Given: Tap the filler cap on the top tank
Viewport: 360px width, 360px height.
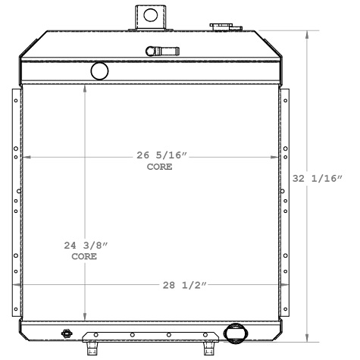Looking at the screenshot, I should (221, 27).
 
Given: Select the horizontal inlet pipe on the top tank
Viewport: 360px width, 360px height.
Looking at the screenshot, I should (161, 52).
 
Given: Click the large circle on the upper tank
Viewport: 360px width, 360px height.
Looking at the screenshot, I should (99, 71).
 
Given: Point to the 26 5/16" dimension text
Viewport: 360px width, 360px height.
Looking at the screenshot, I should (161, 155).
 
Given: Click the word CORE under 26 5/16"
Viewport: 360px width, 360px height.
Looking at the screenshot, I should (160, 167).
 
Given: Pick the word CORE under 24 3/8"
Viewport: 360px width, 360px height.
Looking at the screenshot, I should (84, 257).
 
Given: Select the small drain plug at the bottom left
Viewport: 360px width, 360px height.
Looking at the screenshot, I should (67, 333).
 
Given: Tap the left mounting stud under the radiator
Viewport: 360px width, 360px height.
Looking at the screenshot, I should (94, 348).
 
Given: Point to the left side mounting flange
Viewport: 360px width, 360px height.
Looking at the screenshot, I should (15, 201).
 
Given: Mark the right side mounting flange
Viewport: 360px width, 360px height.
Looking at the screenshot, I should (286, 201).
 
